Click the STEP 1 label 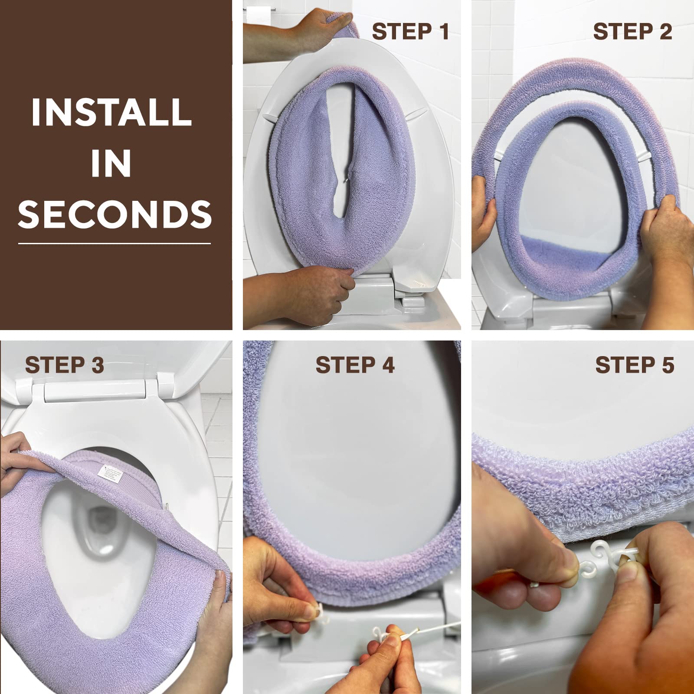tap(410, 32)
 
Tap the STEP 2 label tap(632, 32)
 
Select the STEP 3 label tap(65, 365)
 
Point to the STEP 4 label tap(355, 365)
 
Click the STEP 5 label tap(635, 365)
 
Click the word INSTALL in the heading tap(111, 112)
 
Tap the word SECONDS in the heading tap(115, 214)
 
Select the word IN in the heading tap(111, 164)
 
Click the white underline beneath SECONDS tap(115, 243)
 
